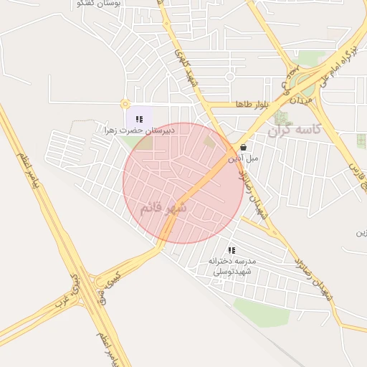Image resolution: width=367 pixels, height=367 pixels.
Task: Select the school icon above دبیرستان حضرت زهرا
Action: click(138, 119)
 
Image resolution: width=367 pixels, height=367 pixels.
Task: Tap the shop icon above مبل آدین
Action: click(244, 148)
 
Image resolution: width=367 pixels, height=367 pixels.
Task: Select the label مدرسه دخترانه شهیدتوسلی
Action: click(232, 267)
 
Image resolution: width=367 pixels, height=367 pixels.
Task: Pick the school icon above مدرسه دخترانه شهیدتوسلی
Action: click(231, 250)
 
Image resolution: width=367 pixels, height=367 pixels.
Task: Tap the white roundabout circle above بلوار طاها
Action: click(230, 76)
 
